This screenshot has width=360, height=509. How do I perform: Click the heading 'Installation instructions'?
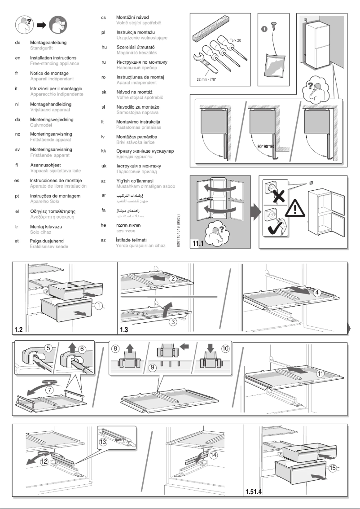tap(53, 58)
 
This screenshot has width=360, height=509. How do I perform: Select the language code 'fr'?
tap(17, 73)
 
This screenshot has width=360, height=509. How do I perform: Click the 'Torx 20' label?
tap(236, 40)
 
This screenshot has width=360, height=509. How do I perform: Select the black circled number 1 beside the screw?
tap(264, 30)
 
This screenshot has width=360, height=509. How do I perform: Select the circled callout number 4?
tap(317, 292)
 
